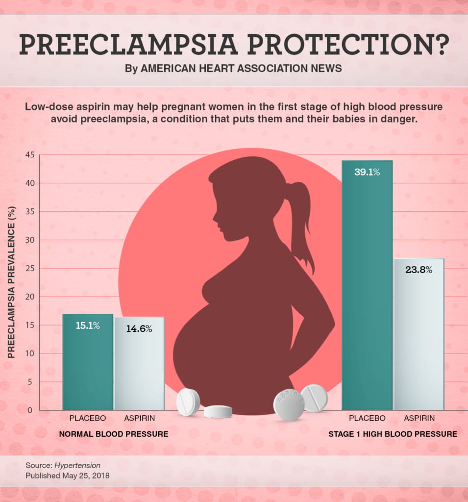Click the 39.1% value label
click(x=367, y=172)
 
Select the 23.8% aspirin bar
click(x=419, y=333)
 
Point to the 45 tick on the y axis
click(x=29, y=155)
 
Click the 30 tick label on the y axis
click(x=29, y=240)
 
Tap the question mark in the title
click(x=439, y=45)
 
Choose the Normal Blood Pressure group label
click(x=113, y=434)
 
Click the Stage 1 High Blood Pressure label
click(x=393, y=434)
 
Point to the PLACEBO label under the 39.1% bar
click(x=367, y=418)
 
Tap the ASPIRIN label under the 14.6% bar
click(x=139, y=418)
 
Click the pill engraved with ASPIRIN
click(x=289, y=405)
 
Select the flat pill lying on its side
click(x=218, y=412)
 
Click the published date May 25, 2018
click(x=86, y=476)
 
